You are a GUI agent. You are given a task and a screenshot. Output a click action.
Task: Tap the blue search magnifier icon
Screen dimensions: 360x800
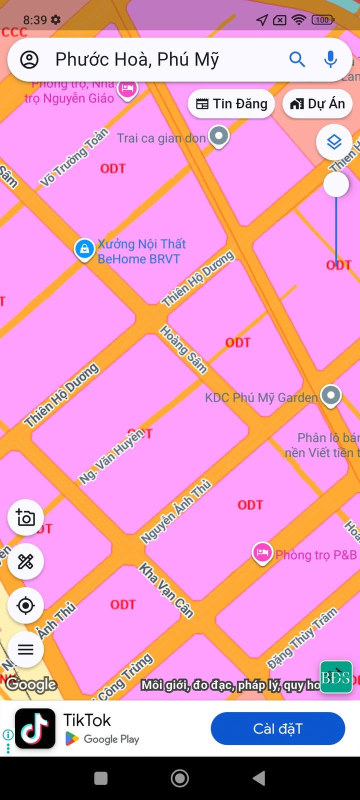[297, 59]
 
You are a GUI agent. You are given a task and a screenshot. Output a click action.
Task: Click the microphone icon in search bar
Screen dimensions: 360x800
[330, 59]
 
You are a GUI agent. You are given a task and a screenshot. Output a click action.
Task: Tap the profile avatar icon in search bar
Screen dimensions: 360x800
[29, 59]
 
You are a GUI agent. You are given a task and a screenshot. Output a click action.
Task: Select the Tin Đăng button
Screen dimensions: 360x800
[231, 104]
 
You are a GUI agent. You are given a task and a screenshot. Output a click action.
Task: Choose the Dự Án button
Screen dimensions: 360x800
[317, 104]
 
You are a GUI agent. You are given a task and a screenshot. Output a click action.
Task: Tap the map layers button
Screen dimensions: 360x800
[334, 142]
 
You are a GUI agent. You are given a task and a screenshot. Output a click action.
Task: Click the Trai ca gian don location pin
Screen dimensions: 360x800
[218, 135]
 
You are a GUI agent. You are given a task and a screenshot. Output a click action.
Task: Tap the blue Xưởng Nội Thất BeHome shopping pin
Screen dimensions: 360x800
[84, 248]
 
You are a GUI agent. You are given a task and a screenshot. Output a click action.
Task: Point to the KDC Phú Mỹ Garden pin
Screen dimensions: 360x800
[330, 395]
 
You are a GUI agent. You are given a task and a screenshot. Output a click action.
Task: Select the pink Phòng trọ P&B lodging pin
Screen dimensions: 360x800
[262, 553]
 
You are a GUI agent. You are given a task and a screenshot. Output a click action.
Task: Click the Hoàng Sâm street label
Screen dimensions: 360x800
[183, 349]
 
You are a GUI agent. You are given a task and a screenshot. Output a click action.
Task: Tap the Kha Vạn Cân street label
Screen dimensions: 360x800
[166, 590]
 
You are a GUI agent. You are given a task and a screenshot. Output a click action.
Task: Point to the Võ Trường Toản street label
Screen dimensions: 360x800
[74, 157]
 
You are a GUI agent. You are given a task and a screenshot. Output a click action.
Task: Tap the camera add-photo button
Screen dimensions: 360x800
[25, 517]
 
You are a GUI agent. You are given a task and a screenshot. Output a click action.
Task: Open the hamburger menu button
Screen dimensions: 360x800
[25, 649]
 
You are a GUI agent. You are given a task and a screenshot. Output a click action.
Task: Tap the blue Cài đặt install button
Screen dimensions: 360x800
[277, 728]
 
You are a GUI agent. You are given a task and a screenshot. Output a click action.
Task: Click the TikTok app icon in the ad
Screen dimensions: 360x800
[35, 728]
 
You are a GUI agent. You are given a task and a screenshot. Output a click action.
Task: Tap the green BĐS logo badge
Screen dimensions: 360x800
[335, 677]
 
